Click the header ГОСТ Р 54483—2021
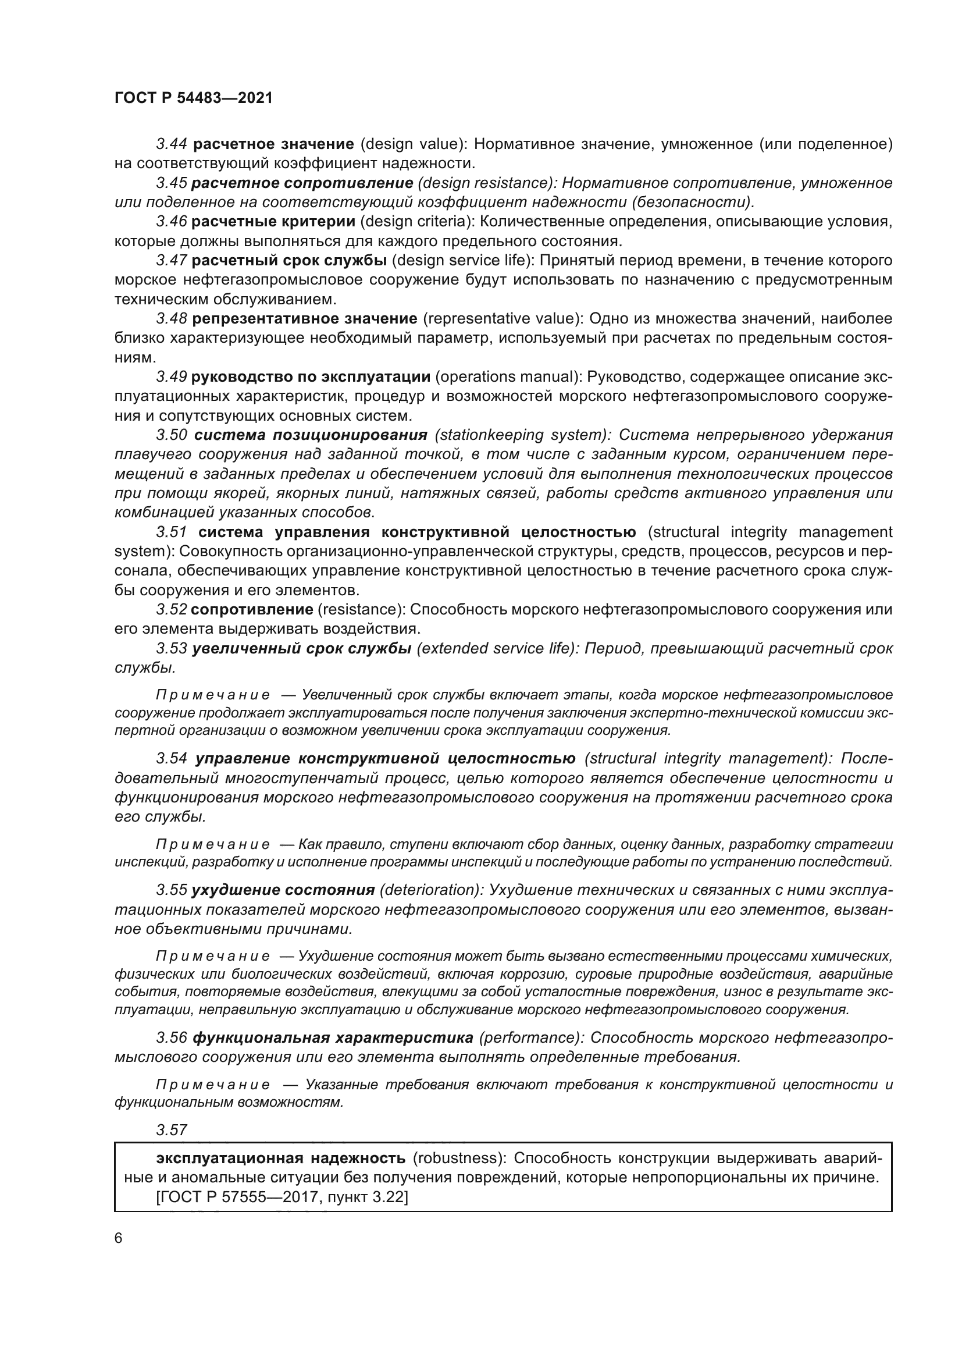[193, 98]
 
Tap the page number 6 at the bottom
[119, 1237]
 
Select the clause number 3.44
[172, 144]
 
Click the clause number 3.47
[172, 261]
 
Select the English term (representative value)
[504, 319]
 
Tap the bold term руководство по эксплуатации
[311, 377]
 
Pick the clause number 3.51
[172, 532]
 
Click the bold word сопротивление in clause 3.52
[252, 609]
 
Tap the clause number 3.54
[172, 759]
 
